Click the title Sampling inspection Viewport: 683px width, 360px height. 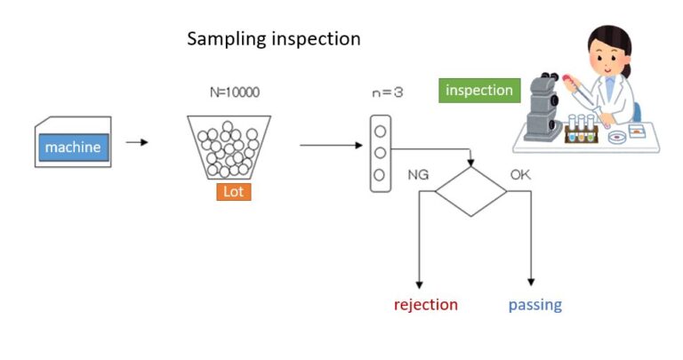(x=274, y=39)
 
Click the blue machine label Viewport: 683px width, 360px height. (x=73, y=148)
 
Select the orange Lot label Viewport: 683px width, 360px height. (x=233, y=191)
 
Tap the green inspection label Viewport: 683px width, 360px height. (x=479, y=90)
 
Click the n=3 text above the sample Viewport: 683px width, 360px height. (x=387, y=92)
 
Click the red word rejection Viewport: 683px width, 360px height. (x=426, y=305)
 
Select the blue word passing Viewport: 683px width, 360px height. (x=534, y=305)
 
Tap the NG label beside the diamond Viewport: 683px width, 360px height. (x=418, y=174)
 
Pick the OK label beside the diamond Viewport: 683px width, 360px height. (x=520, y=174)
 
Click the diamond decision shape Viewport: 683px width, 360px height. (x=470, y=190)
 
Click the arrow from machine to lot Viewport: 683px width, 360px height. (x=137, y=141)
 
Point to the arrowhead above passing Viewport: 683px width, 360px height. (x=532, y=282)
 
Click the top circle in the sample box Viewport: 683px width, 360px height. (x=381, y=131)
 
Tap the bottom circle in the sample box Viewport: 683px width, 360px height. (x=381, y=174)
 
